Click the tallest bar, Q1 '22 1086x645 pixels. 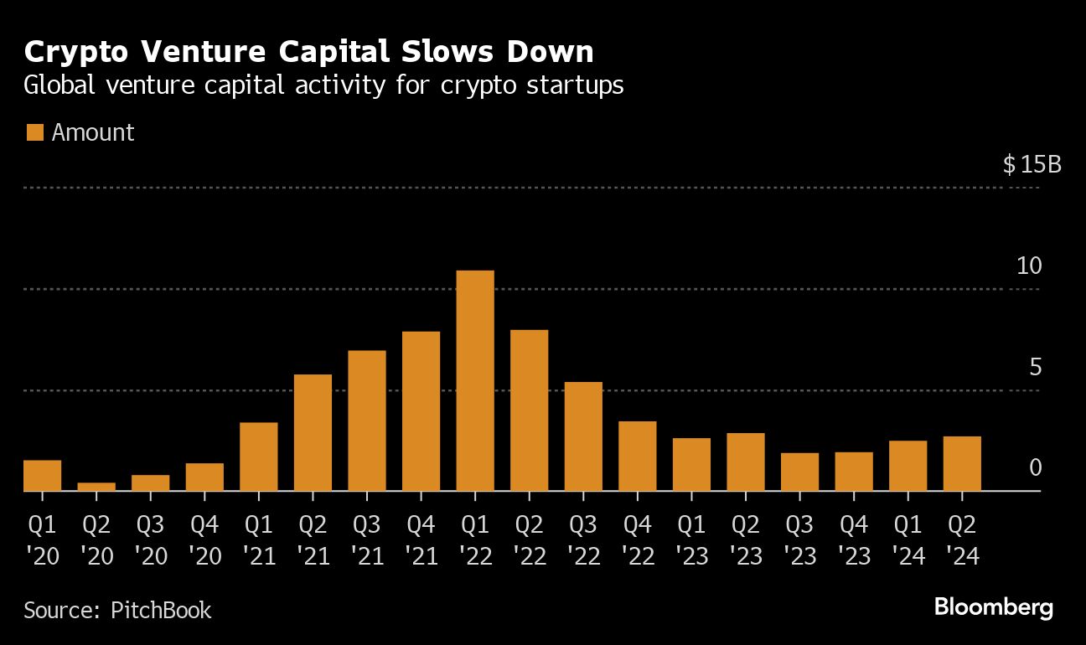[475, 381]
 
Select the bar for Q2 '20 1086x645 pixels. [96, 487]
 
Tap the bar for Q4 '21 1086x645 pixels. [421, 411]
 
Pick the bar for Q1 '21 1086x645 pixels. [258, 457]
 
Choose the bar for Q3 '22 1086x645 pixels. [583, 436]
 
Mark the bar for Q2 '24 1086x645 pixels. [962, 463]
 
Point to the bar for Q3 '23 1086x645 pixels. [799, 472]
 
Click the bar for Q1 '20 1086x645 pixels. [42, 475]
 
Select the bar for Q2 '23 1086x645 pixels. [746, 462]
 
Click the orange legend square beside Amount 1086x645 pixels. [34, 132]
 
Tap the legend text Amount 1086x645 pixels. [93, 132]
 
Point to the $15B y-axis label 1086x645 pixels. [1032, 164]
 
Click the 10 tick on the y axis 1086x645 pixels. [1029, 266]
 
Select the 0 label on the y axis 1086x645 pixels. [1035, 467]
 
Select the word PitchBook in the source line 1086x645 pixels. [161, 610]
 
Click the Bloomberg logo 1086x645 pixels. [993, 608]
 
